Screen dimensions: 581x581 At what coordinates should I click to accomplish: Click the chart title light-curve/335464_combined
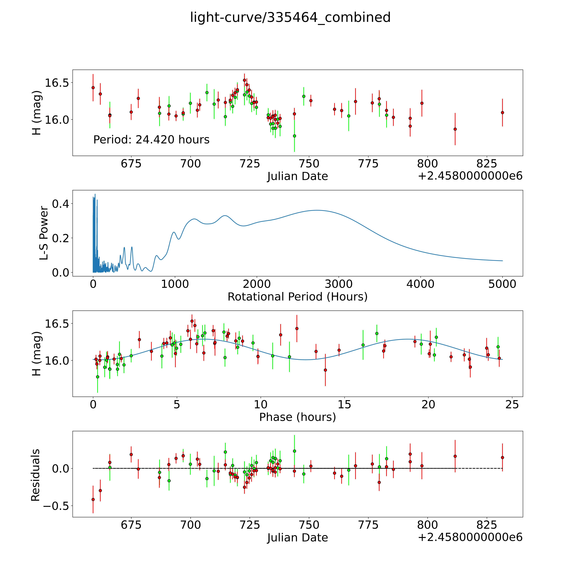290,17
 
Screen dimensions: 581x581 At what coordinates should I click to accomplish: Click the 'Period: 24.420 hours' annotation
151,140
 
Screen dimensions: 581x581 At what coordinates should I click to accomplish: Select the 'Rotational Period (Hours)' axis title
297,297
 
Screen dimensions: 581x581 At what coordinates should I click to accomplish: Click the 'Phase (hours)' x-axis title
297,417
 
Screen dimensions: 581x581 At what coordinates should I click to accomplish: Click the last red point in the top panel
502,112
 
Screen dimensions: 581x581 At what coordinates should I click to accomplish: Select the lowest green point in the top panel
294,136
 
